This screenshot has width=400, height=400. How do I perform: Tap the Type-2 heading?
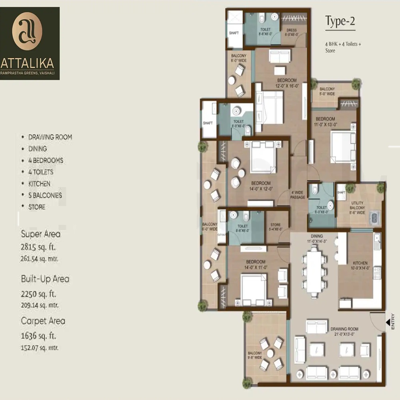click(x=340, y=21)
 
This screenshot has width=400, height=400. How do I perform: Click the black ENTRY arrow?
click(x=388, y=321)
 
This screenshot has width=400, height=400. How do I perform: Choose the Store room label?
click(x=276, y=227)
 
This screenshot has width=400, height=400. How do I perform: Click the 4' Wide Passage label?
click(x=298, y=194)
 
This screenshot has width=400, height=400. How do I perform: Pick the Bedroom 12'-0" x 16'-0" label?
click(x=287, y=83)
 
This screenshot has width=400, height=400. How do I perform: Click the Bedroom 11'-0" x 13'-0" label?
click(x=325, y=122)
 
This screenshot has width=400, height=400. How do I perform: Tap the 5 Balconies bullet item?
click(x=45, y=195)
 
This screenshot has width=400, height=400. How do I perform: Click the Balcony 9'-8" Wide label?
click(x=255, y=356)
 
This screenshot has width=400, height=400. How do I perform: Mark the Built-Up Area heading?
click(x=45, y=279)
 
